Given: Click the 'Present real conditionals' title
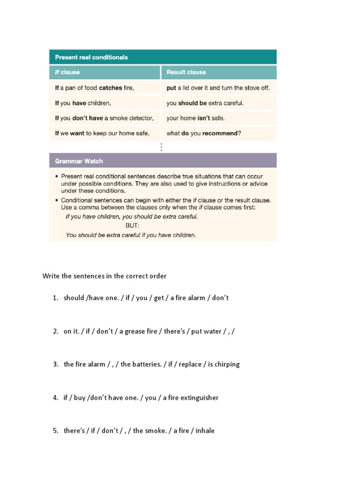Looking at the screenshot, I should click(91, 57).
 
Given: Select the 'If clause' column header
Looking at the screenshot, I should click(67, 72).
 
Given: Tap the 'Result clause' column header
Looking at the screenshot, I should click(186, 72).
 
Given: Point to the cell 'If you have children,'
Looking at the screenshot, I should click(83, 103).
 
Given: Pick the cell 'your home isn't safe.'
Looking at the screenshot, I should click(195, 118).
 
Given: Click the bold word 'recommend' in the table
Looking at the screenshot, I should click(220, 133).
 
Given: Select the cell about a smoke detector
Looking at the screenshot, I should click(104, 118).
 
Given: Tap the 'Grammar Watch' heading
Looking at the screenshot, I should click(79, 161).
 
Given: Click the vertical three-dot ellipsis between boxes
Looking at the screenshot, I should click(161, 147).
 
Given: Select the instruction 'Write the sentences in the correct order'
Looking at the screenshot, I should click(105, 276).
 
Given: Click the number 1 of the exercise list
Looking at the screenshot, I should click(55, 298).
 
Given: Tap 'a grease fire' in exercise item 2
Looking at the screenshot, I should click(139, 331).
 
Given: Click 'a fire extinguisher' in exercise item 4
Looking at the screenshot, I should click(190, 397).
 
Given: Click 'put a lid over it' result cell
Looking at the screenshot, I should click(218, 88).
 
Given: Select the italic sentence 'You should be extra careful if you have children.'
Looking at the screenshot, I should click(131, 235).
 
